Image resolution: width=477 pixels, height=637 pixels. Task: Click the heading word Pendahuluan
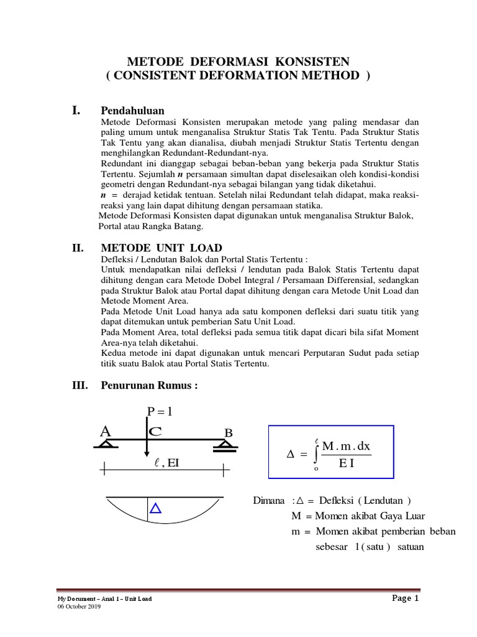pos(132,110)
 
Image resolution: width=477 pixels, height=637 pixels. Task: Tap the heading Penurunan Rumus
pos(148,386)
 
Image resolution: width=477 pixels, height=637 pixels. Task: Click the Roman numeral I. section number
pos(77,110)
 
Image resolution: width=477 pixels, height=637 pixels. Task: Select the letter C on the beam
pos(157,431)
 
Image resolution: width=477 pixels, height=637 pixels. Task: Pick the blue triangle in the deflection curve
pos(155,509)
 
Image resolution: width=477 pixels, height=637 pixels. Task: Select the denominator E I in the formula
pos(346,463)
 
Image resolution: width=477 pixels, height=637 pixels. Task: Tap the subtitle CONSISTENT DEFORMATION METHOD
pos(238,75)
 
